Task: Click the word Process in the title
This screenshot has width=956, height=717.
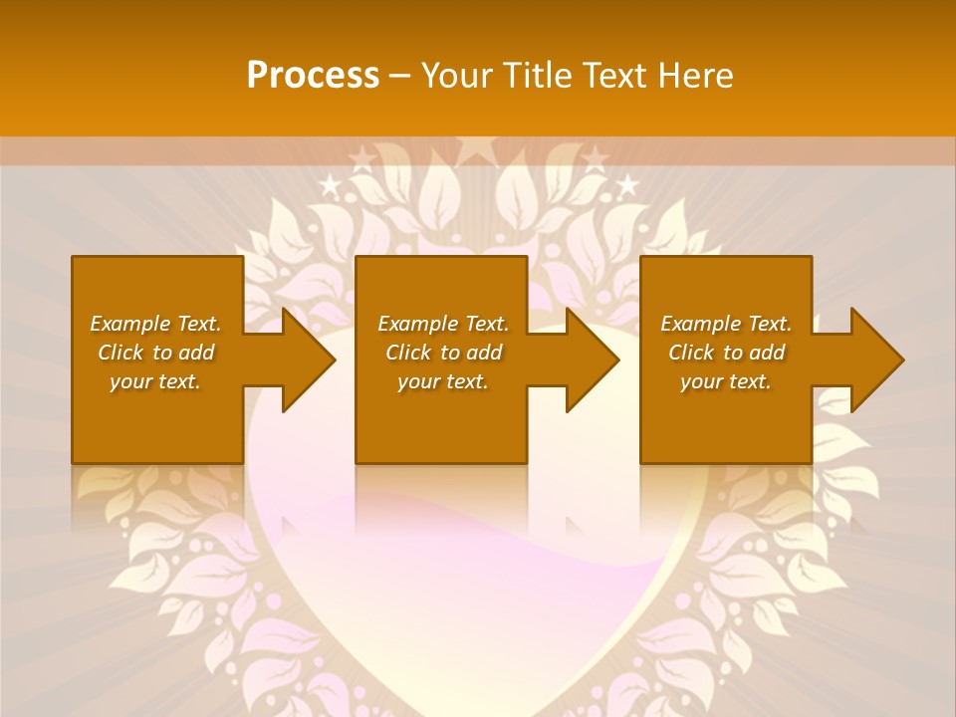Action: tap(313, 76)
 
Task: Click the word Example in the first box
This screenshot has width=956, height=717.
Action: tap(130, 324)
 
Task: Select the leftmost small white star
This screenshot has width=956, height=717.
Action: tap(329, 184)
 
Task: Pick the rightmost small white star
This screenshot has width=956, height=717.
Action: tap(627, 184)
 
